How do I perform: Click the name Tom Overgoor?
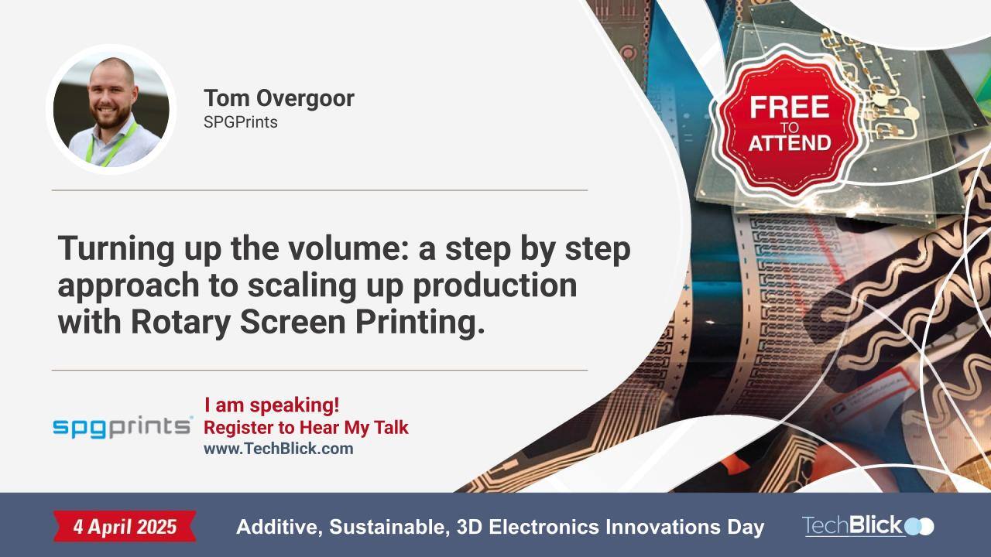pos(279,98)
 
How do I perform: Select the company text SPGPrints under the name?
pos(240,122)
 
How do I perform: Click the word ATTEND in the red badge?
pos(789,142)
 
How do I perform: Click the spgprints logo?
pos(122,426)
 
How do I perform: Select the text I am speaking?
pos(272,405)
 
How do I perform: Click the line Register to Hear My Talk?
pos(306,427)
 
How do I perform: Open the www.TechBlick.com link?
pos(278,449)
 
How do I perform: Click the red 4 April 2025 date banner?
pos(125,527)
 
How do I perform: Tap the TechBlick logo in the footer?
pos(867,526)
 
